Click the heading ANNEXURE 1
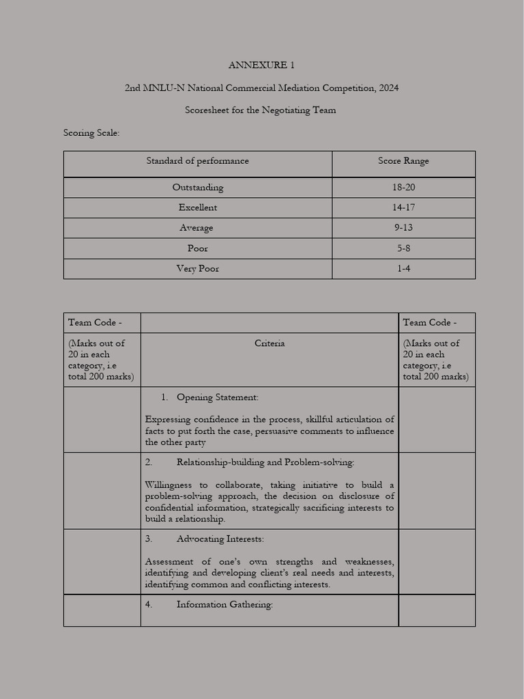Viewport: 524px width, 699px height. pos(261,66)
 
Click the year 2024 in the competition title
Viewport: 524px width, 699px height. pos(387,88)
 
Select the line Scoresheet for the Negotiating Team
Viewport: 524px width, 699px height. pos(261,110)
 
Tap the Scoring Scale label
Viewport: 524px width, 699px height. pos(91,132)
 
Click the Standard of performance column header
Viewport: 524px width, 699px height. pos(197,161)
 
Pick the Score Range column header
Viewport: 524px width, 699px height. pos(403,161)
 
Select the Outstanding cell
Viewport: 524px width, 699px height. pos(197,187)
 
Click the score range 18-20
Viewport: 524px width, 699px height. pos(403,187)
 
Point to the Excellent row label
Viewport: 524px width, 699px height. pos(197,208)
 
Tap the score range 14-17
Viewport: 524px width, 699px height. pos(403,208)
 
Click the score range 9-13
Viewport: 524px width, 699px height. pos(403,228)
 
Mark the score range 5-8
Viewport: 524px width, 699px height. pos(403,248)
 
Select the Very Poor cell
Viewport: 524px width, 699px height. pos(197,269)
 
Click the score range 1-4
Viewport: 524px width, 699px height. pos(403,269)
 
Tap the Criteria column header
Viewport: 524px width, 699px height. pos(270,343)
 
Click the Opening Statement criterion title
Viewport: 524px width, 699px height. pos(217,397)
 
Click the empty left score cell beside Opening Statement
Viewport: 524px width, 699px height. pos(102,420)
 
